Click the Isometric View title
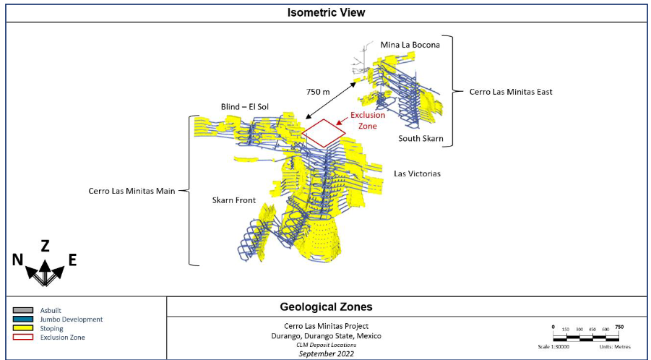326,12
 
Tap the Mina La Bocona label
410,44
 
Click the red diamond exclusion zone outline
324,133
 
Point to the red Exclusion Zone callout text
368,120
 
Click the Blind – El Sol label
244,107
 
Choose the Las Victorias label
417,173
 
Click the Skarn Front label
232,200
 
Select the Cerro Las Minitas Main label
133,192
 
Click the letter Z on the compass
45,246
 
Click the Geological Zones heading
326,307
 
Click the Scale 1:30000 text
559,346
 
